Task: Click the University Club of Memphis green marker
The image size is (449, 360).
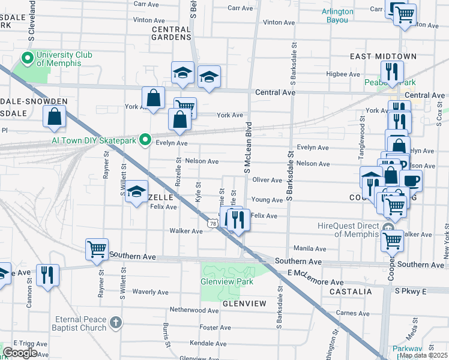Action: pyautogui.click(x=27, y=59)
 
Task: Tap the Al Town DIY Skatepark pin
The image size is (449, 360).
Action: pyautogui.click(x=145, y=140)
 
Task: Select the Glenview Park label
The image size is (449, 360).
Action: pyautogui.click(x=227, y=281)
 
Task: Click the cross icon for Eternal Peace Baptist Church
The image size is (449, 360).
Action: pyautogui.click(x=116, y=324)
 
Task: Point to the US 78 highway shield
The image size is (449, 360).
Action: pyautogui.click(x=213, y=223)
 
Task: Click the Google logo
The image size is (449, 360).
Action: pyautogui.click(x=20, y=353)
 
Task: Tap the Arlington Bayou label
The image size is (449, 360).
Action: pyautogui.click(x=343, y=16)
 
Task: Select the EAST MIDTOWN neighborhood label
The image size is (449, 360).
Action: pyautogui.click(x=383, y=56)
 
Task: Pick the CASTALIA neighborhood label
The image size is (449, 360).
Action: pyautogui.click(x=351, y=292)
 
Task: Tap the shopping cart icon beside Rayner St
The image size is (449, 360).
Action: pyautogui.click(x=97, y=248)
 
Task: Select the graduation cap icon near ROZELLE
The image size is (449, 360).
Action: pyautogui.click(x=137, y=191)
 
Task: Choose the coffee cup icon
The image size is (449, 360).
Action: pyautogui.click(x=411, y=180)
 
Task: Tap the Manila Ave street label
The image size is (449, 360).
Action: pyautogui.click(x=309, y=248)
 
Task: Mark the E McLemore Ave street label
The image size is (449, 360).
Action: pyautogui.click(x=316, y=278)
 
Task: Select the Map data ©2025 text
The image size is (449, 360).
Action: pyautogui.click(x=423, y=355)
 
